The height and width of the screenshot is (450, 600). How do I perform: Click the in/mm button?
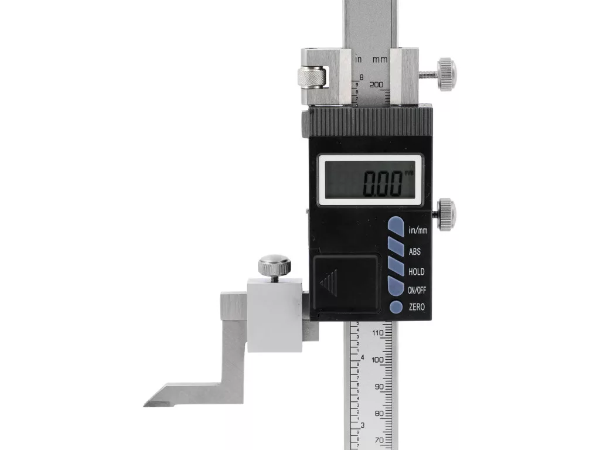tap(396, 226)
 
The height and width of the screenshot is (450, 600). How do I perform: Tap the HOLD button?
tap(396, 266)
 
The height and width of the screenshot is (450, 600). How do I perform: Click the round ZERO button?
tap(396, 307)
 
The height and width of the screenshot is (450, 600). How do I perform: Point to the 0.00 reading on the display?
tap(382, 183)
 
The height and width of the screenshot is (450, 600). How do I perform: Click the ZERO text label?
tap(417, 307)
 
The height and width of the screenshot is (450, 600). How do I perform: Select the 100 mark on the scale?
tap(378, 360)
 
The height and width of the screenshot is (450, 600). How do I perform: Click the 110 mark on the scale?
tap(378, 333)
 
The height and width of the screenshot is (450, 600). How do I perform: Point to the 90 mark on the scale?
tap(379, 387)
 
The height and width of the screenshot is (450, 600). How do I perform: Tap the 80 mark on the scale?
tap(379, 414)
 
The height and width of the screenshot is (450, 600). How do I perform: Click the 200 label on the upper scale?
tap(376, 84)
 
